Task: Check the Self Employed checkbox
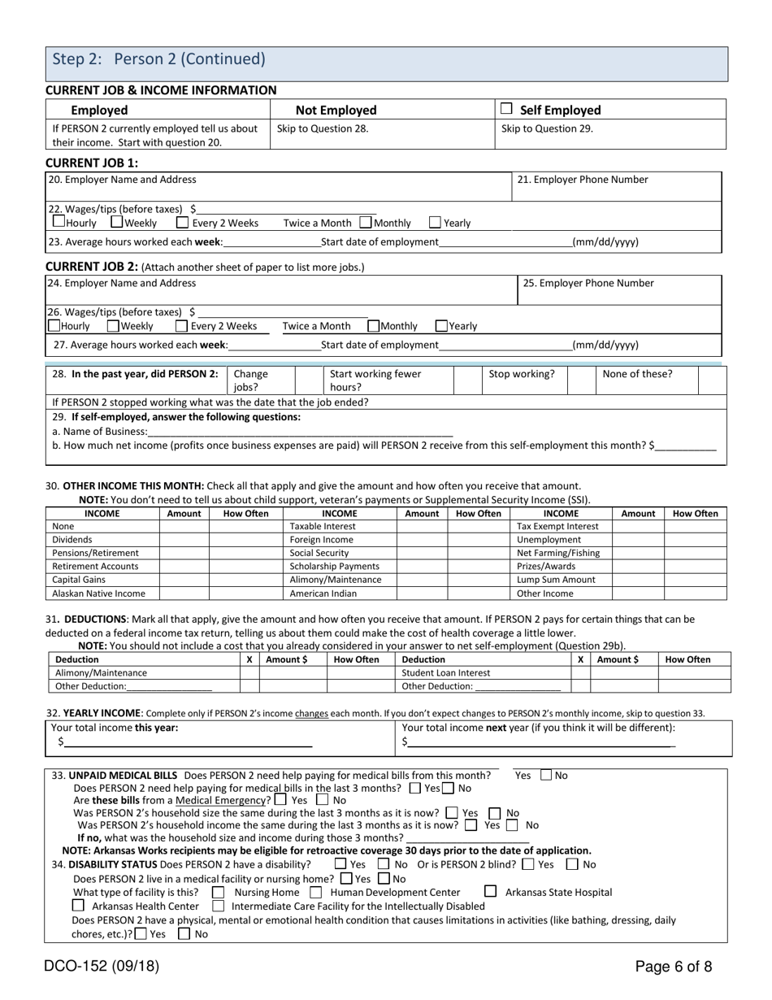click(506, 109)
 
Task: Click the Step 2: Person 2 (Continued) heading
click(158, 59)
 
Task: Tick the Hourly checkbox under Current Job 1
click(59, 222)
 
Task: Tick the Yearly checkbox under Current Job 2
click(441, 326)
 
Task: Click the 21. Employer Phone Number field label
click(583, 180)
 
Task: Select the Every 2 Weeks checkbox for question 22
click(182, 223)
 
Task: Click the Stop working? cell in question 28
click(522, 374)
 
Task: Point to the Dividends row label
click(72, 539)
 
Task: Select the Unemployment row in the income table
click(544, 539)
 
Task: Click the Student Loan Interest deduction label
click(446, 672)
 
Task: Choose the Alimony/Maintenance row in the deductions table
click(101, 672)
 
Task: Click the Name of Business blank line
click(301, 432)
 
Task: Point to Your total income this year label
click(115, 728)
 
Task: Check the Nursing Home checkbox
click(218, 892)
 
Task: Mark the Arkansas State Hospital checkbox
click(490, 892)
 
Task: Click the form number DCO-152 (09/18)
click(102, 967)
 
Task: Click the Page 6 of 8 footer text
click(674, 967)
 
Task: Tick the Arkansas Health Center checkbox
click(79, 906)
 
